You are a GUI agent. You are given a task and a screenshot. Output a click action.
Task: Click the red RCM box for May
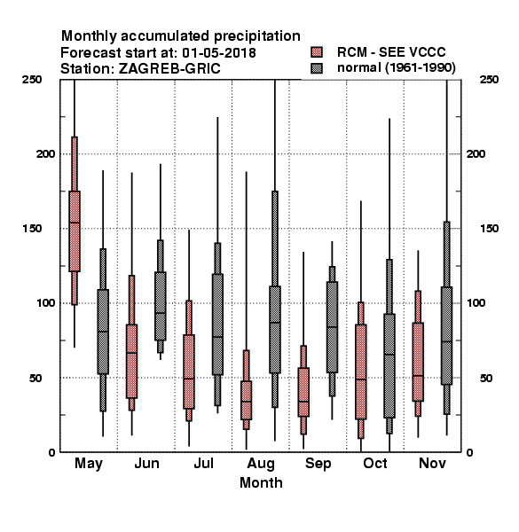[75, 231]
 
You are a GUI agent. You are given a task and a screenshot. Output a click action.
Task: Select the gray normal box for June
[161, 306]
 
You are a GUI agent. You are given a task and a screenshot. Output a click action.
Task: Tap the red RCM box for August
[246, 401]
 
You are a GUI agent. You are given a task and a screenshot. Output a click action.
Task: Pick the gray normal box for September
[332, 327]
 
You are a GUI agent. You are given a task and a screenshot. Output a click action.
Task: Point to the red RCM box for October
[361, 372]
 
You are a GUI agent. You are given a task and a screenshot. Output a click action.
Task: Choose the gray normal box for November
[447, 335]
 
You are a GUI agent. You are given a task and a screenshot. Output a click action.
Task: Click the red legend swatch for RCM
[317, 52]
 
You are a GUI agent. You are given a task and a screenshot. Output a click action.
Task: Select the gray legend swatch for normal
[317, 68]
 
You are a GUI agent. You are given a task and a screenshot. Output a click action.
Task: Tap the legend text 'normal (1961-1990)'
[396, 68]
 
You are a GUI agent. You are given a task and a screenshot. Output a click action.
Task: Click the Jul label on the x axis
[204, 463]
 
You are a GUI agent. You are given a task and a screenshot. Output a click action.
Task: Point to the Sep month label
[318, 464]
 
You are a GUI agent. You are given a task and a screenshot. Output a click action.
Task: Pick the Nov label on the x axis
[432, 463]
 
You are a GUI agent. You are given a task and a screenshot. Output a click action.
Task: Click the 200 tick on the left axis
[45, 153]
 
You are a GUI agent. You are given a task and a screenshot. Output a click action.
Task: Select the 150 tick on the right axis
[489, 229]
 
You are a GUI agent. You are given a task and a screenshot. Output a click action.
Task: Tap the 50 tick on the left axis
[35, 378]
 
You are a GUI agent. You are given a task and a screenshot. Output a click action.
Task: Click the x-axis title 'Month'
[261, 483]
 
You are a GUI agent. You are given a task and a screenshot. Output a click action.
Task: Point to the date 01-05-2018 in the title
[219, 53]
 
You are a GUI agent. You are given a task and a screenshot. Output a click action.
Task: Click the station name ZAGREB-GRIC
[169, 68]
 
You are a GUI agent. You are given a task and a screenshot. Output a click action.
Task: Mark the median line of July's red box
[189, 379]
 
